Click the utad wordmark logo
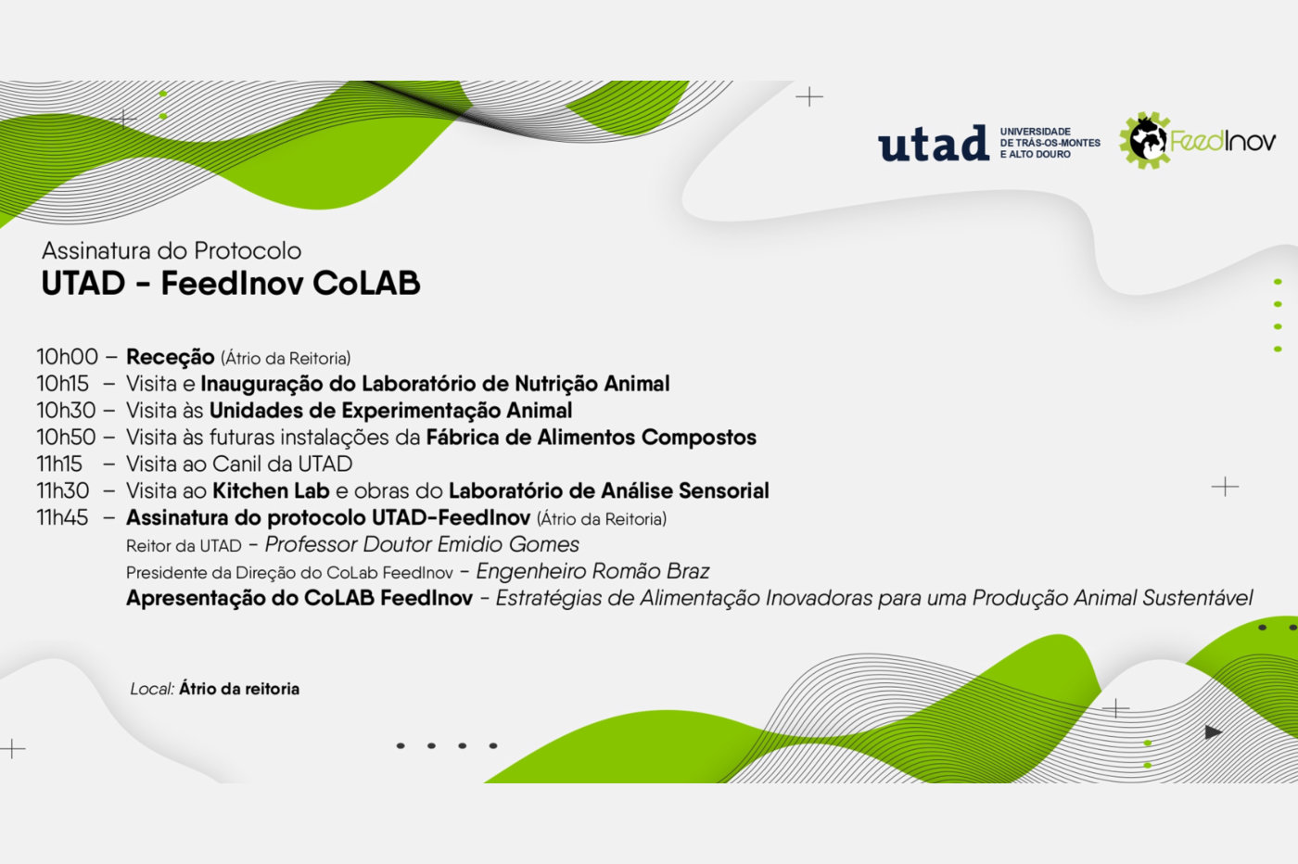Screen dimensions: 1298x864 934,143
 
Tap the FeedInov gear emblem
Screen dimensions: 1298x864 1144,140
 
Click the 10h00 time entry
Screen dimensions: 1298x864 67,357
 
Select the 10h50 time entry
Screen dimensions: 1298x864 67,438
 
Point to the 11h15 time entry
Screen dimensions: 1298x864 59,464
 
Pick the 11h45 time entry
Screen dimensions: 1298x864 63,517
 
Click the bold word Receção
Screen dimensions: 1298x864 171,358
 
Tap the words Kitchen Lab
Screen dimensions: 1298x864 271,490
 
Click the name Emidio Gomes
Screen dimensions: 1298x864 508,545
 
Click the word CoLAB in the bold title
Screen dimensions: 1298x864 366,284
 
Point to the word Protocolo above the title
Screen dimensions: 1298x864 248,251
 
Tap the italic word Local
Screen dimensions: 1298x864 152,689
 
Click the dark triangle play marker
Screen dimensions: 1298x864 1213,731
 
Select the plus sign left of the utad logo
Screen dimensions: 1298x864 809,96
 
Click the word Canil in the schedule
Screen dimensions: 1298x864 237,464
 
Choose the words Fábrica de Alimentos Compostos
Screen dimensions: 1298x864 592,438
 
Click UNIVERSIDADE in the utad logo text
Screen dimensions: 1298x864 1035,132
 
